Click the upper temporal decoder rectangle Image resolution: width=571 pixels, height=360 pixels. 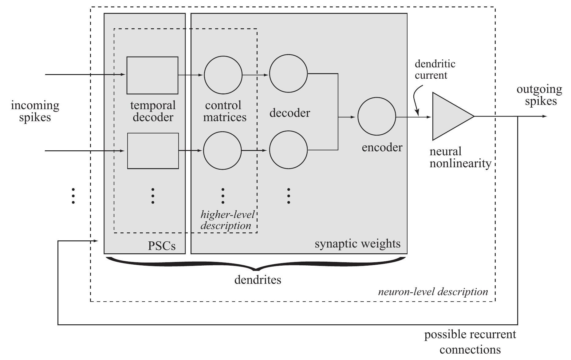(152, 75)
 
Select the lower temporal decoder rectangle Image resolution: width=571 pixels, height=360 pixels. (153, 151)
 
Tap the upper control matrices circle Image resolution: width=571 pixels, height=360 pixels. (223, 75)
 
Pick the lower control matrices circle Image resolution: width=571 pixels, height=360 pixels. (222, 151)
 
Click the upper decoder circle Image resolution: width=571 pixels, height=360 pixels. (288, 73)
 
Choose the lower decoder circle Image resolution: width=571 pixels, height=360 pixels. (288, 150)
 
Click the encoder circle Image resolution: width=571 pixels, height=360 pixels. (377, 117)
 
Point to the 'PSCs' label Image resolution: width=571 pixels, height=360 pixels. (162, 246)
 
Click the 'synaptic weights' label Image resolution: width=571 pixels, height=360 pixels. (357, 244)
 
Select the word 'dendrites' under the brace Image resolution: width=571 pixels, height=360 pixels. (258, 280)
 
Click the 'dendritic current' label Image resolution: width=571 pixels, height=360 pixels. (435, 69)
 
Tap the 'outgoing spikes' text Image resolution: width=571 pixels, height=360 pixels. (539, 95)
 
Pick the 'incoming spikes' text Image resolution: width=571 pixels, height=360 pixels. (35, 111)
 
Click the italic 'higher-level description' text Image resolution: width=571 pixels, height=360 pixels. (227, 220)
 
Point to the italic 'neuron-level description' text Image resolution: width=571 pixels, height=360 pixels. (433, 291)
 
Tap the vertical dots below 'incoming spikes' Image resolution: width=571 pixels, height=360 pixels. (73, 196)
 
